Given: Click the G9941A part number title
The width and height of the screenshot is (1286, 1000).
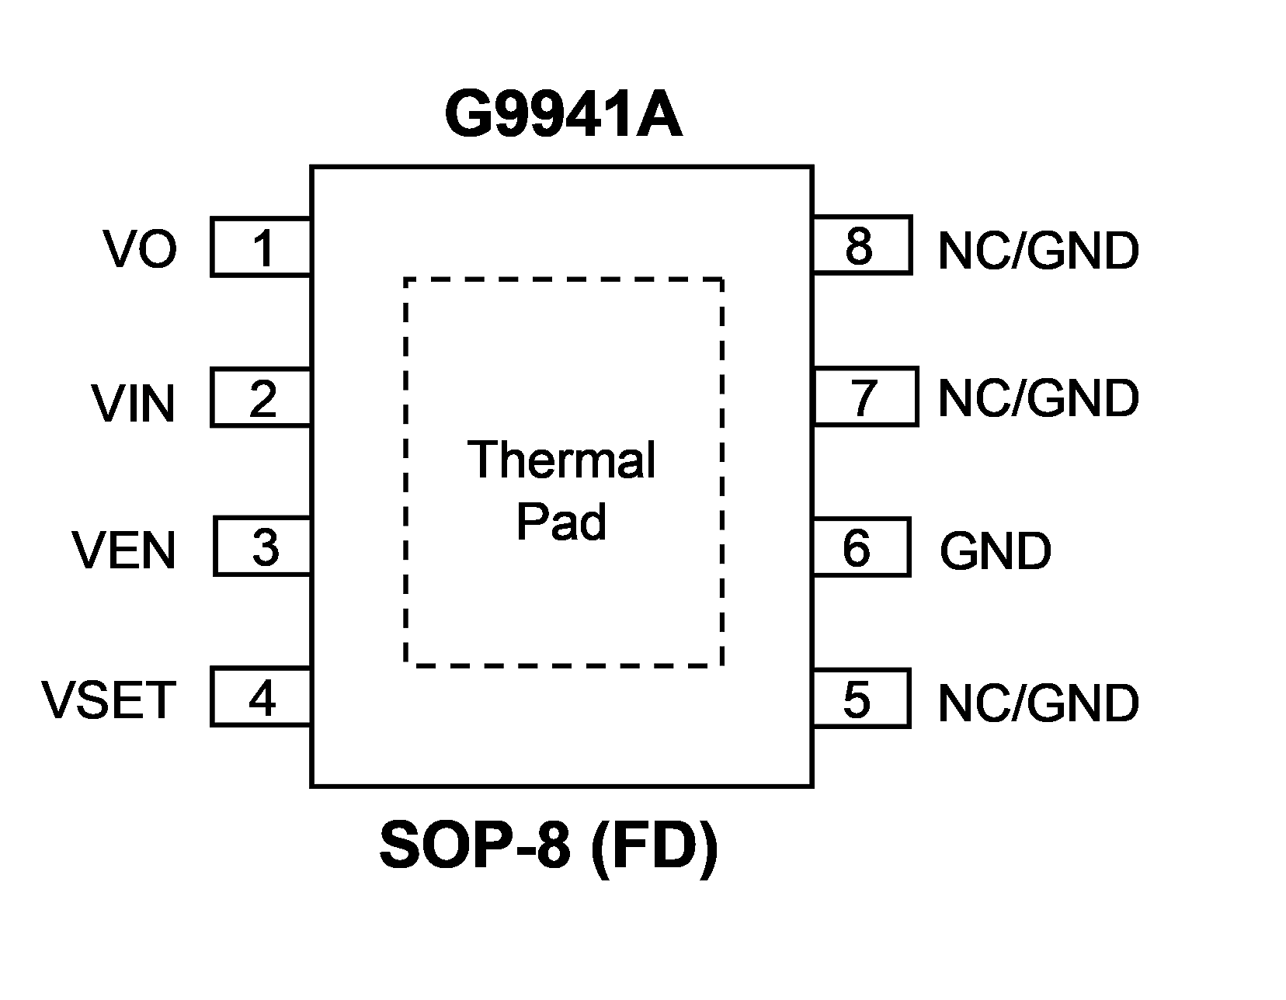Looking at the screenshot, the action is [564, 113].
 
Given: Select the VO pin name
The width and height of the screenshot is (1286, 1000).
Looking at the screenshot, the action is [141, 248].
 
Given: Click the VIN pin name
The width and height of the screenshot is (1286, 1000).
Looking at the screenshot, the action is [134, 404].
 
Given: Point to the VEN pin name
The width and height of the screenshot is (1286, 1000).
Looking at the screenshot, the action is [124, 550].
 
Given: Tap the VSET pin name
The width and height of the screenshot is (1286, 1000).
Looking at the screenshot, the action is [109, 700].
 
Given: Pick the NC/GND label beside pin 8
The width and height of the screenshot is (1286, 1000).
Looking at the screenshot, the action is [1038, 251].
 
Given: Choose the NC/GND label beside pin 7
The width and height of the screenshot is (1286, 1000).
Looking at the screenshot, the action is [1038, 399].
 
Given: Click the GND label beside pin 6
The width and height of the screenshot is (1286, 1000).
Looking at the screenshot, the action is [996, 551].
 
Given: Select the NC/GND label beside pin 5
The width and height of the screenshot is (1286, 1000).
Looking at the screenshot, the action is [1038, 704].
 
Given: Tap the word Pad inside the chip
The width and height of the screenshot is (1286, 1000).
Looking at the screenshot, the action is [561, 522].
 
